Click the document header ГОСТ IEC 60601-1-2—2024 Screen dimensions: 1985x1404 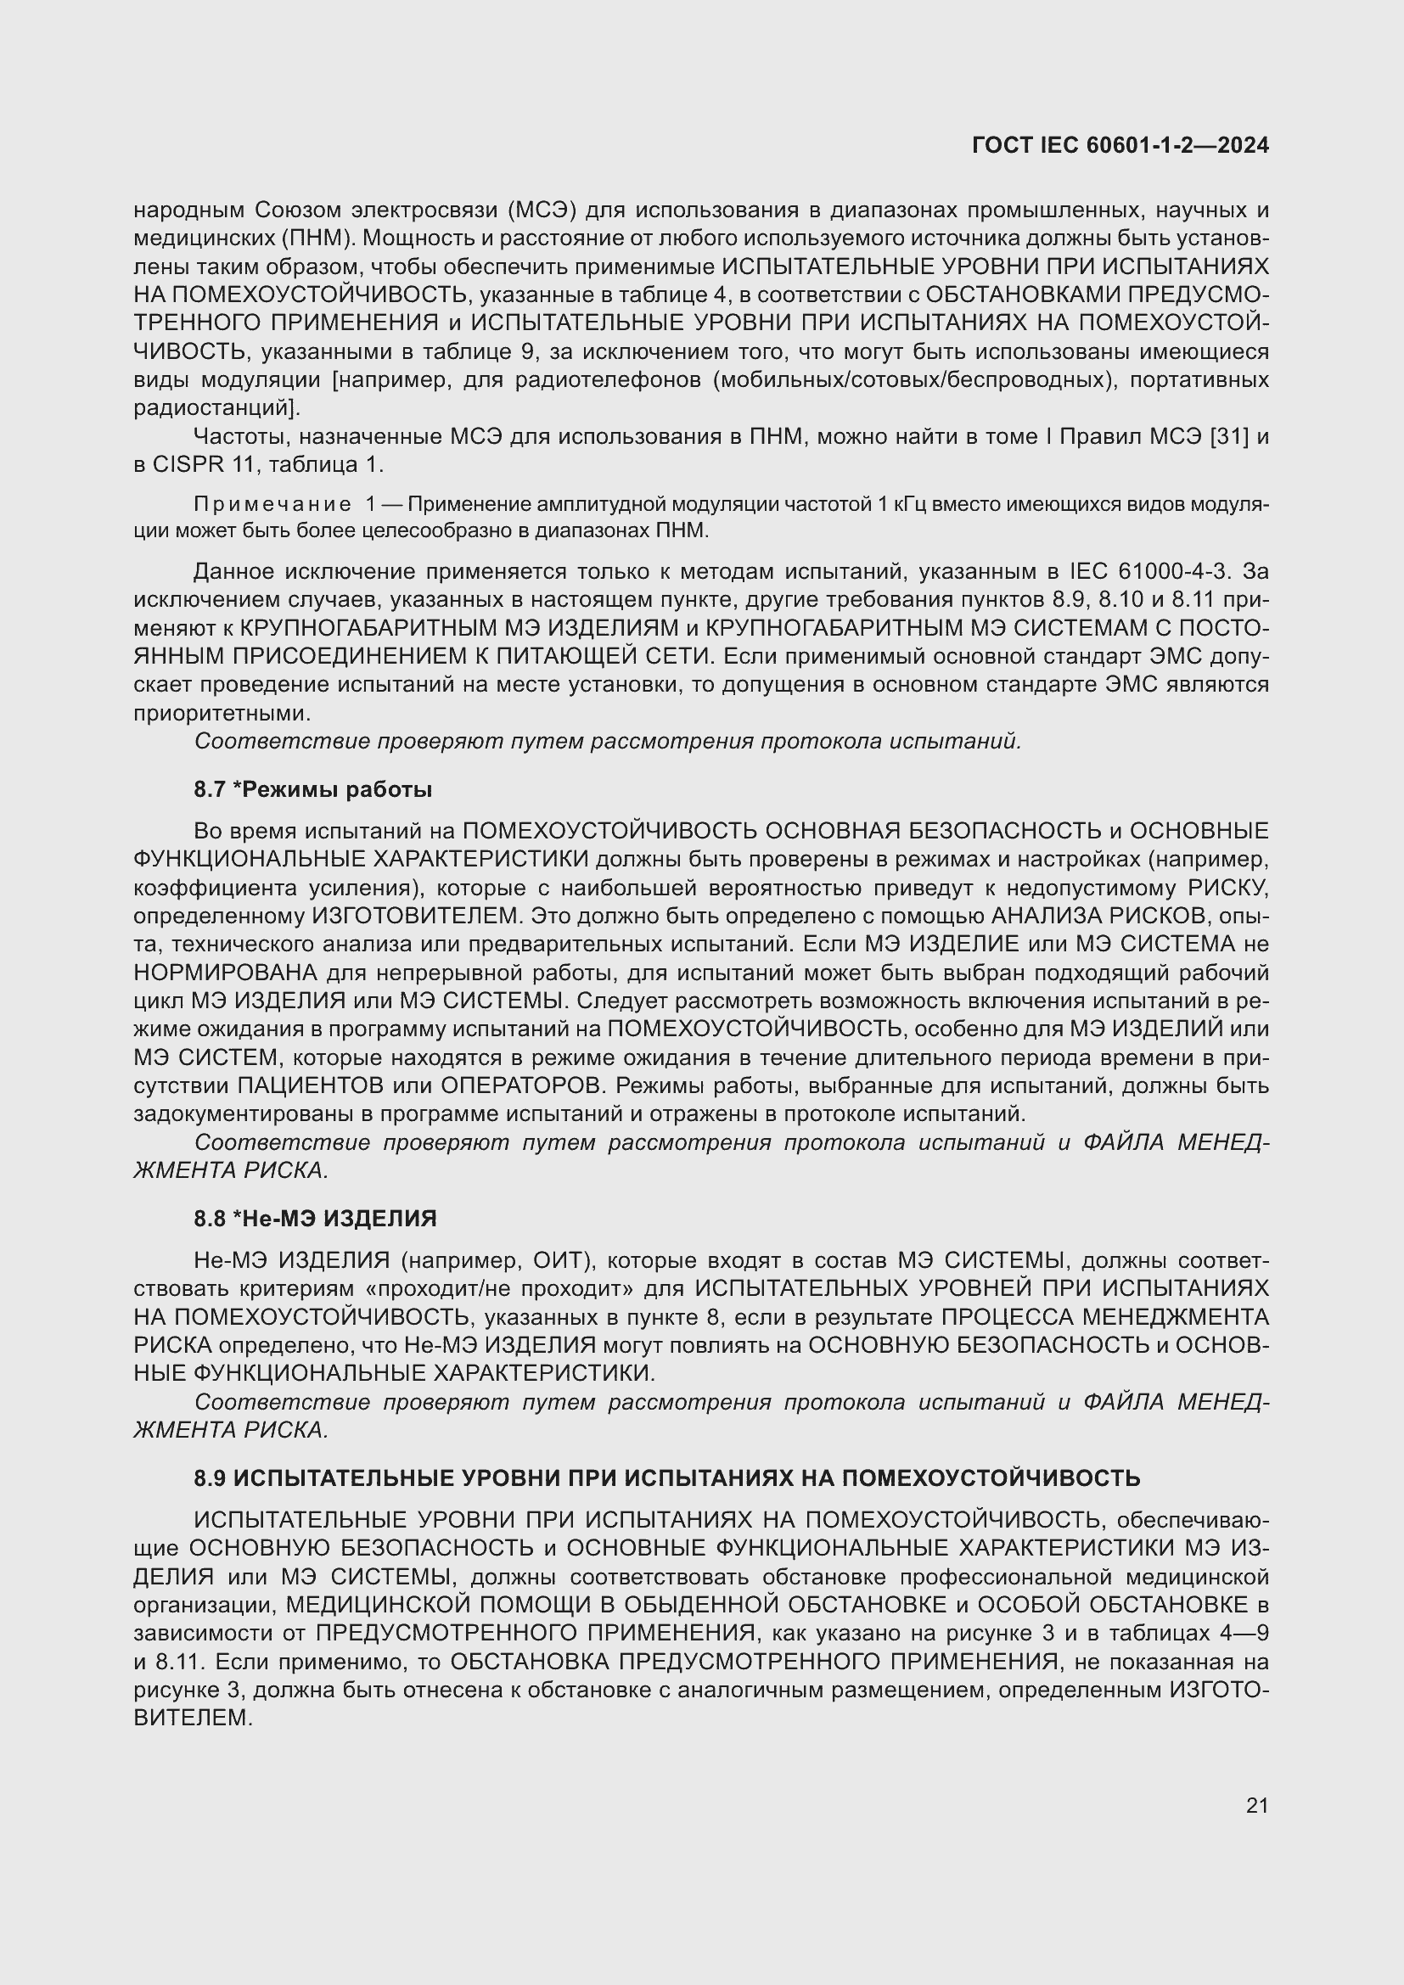pyautogui.click(x=1120, y=145)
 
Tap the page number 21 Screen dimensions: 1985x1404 pyautogui.click(x=1257, y=1805)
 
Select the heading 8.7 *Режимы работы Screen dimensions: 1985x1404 pyautogui.click(x=313, y=789)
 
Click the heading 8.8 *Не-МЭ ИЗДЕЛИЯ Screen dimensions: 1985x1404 pyautogui.click(x=316, y=1218)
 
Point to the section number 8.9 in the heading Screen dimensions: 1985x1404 pyautogui.click(x=209, y=1478)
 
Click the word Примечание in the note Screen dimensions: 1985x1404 pyautogui.click(x=272, y=505)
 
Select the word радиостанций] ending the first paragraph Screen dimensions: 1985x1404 pyautogui.click(x=217, y=407)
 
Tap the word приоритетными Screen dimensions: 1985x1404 pyautogui.click(x=222, y=713)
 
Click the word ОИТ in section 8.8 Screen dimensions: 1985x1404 pyautogui.click(x=559, y=1260)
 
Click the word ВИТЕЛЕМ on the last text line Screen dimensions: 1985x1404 pyautogui.click(x=192, y=1718)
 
